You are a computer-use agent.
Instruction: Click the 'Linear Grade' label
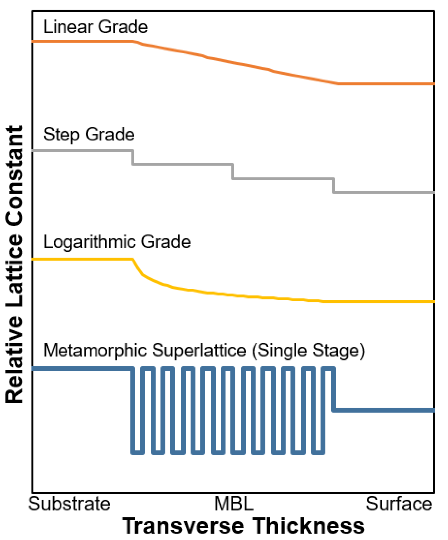[95, 27]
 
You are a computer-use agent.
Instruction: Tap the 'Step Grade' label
[89, 134]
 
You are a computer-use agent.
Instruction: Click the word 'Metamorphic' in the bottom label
[95, 350]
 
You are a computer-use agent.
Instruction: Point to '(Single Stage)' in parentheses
[309, 351]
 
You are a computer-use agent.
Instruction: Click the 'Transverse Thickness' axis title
[243, 526]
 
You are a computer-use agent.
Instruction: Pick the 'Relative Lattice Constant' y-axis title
[15, 264]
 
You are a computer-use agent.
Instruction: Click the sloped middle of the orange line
[236, 63]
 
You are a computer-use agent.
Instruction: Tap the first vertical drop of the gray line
[133, 157]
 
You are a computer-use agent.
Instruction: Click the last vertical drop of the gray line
[334, 186]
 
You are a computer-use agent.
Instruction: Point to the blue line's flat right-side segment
[384, 410]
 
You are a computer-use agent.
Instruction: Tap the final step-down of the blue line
[334, 389]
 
